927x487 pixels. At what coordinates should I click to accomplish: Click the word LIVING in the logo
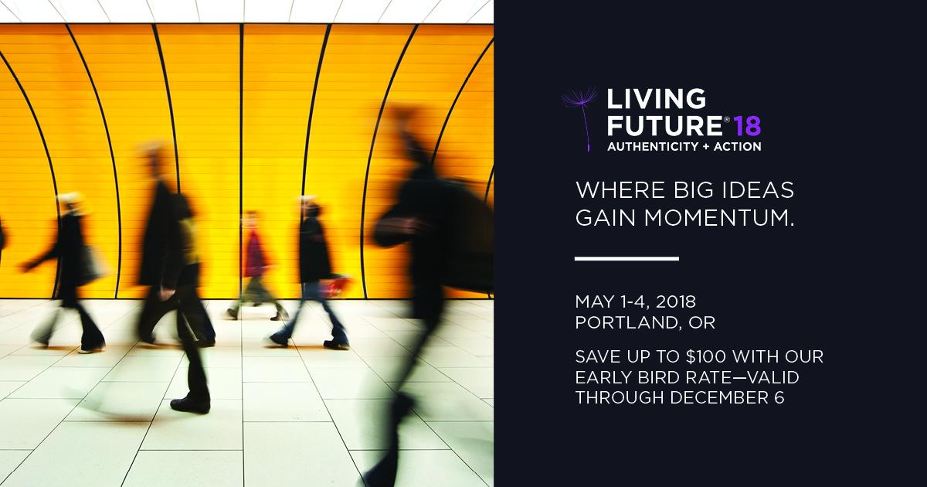click(656, 99)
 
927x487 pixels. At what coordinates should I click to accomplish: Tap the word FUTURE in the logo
click(665, 125)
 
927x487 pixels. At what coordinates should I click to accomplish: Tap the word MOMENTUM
click(719, 218)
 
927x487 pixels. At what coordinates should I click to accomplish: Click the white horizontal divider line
click(626, 259)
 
